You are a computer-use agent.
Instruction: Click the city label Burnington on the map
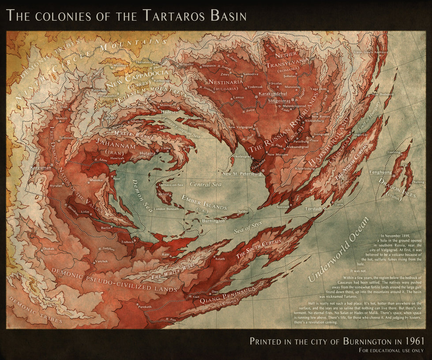tap(213, 220)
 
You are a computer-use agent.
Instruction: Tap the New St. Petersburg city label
tap(242, 173)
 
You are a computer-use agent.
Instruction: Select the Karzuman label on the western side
tap(41, 168)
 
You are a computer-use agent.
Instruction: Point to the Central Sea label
tap(205, 184)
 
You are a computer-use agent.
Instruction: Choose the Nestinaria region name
tap(225, 82)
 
